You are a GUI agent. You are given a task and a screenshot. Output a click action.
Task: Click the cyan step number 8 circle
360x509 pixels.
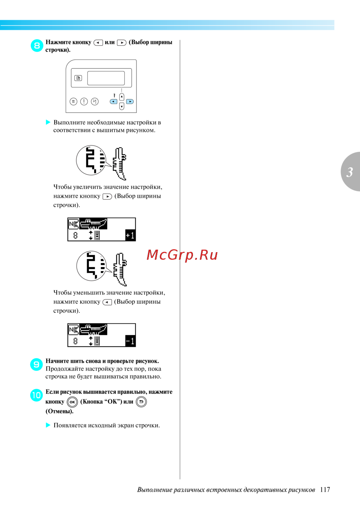pyautogui.click(x=37, y=46)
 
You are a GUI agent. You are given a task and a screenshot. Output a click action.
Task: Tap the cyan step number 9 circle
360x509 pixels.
pyautogui.click(x=36, y=365)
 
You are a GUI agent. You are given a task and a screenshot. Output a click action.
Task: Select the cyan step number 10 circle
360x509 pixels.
pyautogui.click(x=36, y=395)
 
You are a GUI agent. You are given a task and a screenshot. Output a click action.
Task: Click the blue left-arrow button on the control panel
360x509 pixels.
pyautogui.click(x=113, y=102)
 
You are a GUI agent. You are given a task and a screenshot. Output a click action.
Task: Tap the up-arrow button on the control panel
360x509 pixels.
pyautogui.click(x=122, y=97)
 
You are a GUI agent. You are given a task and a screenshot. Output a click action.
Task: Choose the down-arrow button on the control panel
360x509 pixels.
pyautogui.click(x=122, y=106)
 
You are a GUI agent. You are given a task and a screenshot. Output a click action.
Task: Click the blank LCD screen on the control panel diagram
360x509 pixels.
pyautogui.click(x=106, y=78)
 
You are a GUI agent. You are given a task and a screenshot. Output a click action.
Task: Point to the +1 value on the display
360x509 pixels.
pyautogui.click(x=130, y=236)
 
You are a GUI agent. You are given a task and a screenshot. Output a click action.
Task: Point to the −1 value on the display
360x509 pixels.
pyautogui.click(x=130, y=341)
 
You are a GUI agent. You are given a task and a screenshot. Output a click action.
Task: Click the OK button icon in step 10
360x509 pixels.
pyautogui.click(x=72, y=402)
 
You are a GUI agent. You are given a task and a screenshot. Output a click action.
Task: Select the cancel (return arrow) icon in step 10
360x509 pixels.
pyautogui.click(x=141, y=402)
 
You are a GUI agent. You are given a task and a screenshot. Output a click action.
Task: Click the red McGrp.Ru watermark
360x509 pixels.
pyautogui.click(x=182, y=255)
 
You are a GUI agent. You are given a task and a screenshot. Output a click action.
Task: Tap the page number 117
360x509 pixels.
pyautogui.click(x=325, y=490)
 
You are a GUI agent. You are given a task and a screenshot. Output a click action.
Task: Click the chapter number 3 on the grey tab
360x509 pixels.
pyautogui.click(x=350, y=172)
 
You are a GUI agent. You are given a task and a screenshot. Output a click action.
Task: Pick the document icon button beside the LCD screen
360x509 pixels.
pyautogui.click(x=78, y=78)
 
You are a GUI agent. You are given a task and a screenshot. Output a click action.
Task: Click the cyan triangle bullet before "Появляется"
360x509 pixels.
pyautogui.click(x=48, y=425)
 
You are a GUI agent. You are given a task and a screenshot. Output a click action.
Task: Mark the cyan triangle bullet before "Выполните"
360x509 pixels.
pyautogui.click(x=48, y=122)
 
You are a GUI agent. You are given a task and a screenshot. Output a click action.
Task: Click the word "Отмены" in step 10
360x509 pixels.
pyautogui.click(x=59, y=411)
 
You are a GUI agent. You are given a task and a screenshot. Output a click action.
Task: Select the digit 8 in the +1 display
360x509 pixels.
pyautogui.click(x=75, y=236)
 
